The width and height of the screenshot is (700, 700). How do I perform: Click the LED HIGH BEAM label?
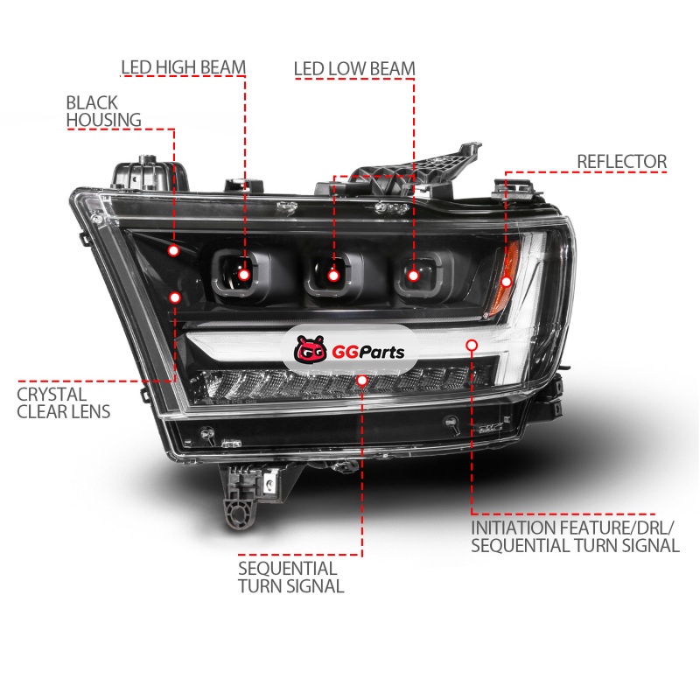184,67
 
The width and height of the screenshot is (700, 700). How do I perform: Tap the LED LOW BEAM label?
354,69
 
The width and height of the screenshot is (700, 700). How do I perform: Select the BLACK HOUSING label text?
103,111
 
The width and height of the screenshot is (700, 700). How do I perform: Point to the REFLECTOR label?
622,162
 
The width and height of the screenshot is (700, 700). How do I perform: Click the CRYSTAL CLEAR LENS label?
63,403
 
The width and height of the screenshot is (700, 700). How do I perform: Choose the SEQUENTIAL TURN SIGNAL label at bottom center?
290,577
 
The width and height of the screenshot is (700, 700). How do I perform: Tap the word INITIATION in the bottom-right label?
514,528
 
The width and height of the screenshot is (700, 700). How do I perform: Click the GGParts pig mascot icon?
311,348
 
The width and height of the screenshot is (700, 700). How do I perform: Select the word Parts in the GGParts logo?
381,353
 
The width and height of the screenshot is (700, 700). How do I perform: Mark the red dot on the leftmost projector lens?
244,275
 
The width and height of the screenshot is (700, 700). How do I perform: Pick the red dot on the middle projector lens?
333,276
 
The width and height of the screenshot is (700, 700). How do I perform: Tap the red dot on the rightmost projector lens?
413,276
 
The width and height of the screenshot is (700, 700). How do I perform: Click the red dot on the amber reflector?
507,282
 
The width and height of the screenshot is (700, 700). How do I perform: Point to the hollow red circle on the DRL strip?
472,345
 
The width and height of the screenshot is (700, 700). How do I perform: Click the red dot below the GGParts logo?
362,381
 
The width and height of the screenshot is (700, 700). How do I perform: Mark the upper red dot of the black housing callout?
173,250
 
